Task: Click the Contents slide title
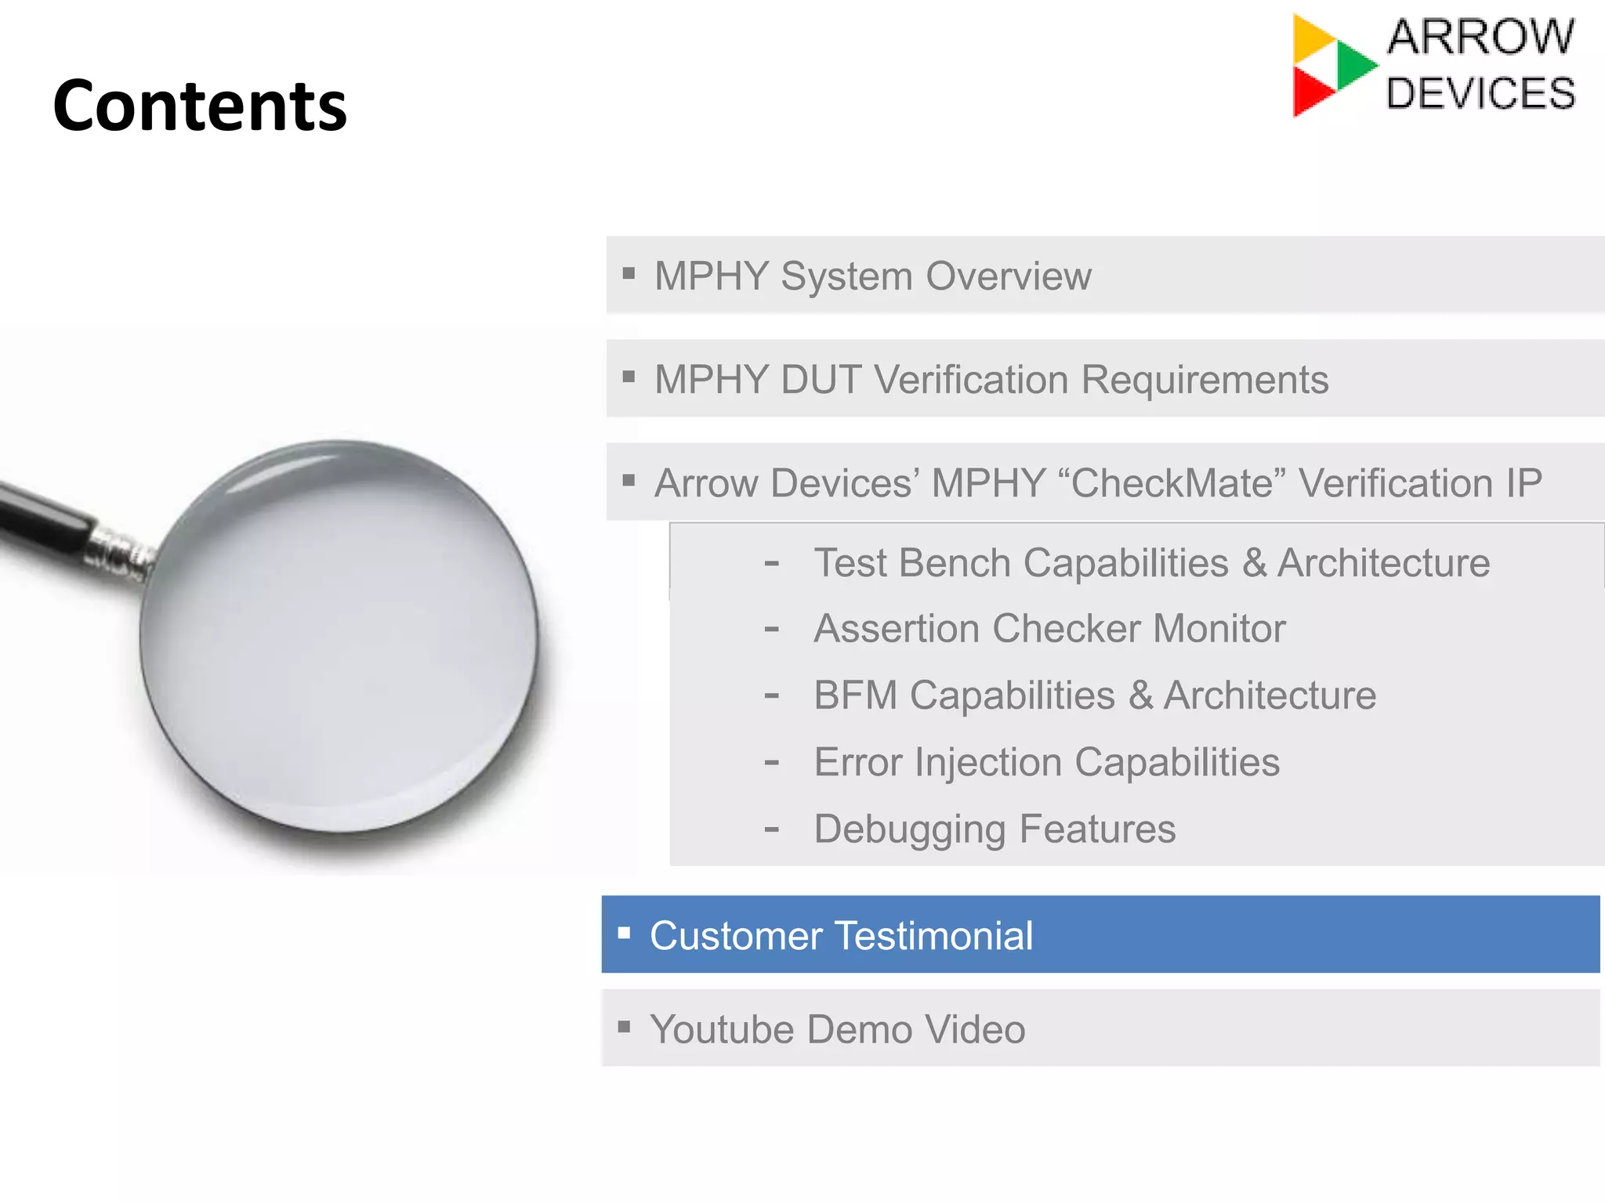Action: pos(200,106)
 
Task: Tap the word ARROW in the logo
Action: pos(1480,37)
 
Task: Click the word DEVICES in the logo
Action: pos(1480,94)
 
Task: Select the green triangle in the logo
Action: pos(1355,65)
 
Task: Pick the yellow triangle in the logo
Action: pos(1311,38)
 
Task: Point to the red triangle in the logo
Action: pos(1311,92)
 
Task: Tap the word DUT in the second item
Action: pos(821,380)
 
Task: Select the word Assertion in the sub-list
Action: pos(897,629)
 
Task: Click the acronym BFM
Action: pos(855,695)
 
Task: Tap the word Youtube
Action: pos(721,1029)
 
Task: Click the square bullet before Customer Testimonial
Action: pos(625,932)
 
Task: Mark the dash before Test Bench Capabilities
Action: pos(772,563)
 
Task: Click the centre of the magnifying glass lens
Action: pos(339,636)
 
